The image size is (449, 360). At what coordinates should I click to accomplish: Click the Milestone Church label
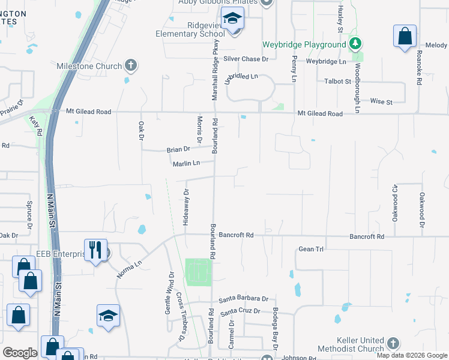pos(89,65)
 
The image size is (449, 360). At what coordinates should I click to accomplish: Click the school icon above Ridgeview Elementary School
pos(231,20)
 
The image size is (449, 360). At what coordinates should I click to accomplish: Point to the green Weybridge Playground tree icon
pos(355,44)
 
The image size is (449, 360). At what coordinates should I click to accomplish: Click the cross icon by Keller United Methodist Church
pos(393,343)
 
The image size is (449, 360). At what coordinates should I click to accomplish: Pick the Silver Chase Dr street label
pos(246,59)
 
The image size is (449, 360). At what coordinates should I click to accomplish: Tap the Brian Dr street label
pos(178,149)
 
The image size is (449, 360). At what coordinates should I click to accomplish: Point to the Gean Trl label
pos(311,248)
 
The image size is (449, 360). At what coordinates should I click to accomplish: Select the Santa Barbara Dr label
pos(243,298)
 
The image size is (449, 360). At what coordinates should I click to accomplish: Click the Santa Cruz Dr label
pos(240,311)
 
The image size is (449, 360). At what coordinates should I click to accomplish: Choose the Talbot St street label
pos(337,82)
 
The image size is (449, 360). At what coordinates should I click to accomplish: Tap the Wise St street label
pos(381,101)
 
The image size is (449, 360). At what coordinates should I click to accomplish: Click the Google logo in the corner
pos(20,353)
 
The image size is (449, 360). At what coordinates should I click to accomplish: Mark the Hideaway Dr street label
pos(186,207)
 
